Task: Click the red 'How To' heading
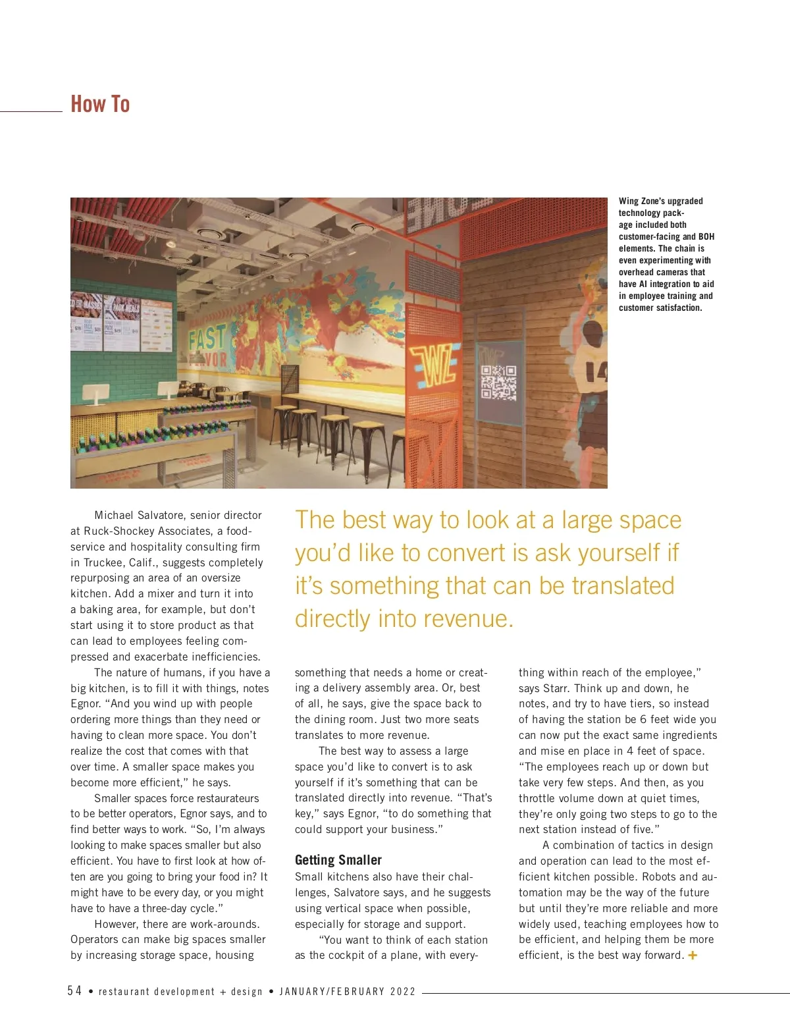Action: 100,104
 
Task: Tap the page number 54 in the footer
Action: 74,991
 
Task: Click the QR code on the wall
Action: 498,383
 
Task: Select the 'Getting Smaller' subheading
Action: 338,860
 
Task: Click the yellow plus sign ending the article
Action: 693,955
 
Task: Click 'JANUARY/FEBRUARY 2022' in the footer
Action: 348,992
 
